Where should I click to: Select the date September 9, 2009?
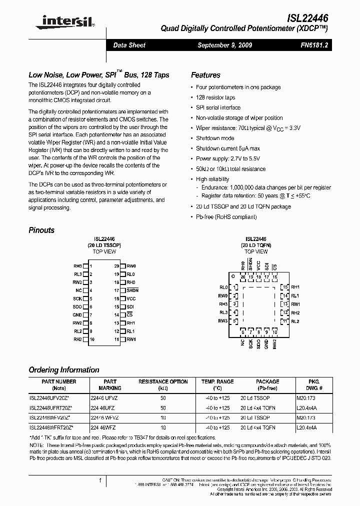click(224, 45)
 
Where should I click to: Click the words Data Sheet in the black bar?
click(129, 45)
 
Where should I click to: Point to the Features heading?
click(205, 75)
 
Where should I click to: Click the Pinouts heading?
click(41, 230)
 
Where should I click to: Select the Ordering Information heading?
click(64, 370)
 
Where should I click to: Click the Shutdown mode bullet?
click(214, 138)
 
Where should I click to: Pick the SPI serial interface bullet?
click(218, 107)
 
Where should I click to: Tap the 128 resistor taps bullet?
click(215, 97)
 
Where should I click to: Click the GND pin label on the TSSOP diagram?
click(77, 315)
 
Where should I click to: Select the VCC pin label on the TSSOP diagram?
click(131, 298)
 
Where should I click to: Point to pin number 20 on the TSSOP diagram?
click(116, 266)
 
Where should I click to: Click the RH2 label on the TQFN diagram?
click(295, 312)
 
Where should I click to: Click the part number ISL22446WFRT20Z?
click(51, 428)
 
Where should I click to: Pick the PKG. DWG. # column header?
click(313, 384)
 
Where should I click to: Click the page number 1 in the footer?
click(100, 480)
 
